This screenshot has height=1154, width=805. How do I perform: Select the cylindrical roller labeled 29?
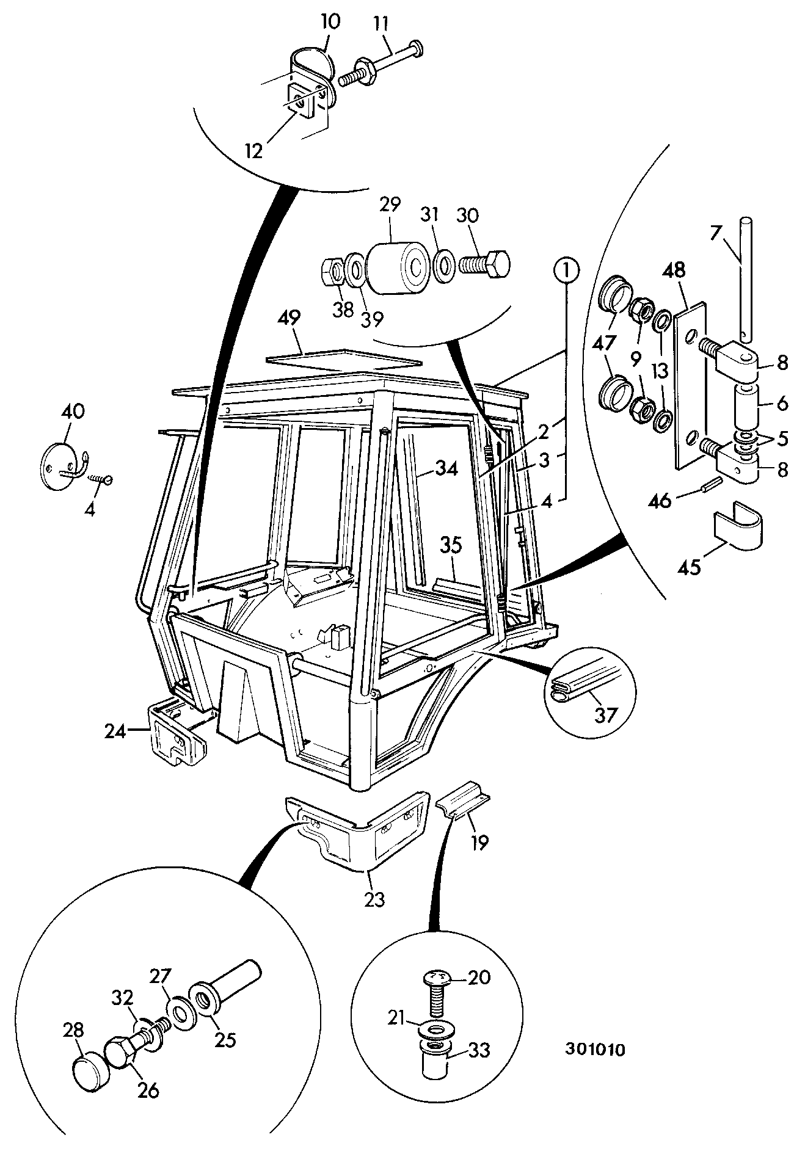[x=396, y=267]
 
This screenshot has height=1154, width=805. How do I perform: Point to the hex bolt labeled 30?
[x=483, y=264]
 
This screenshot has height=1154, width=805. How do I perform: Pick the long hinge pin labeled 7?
[x=745, y=277]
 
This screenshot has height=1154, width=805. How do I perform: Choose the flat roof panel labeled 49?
[x=344, y=361]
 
